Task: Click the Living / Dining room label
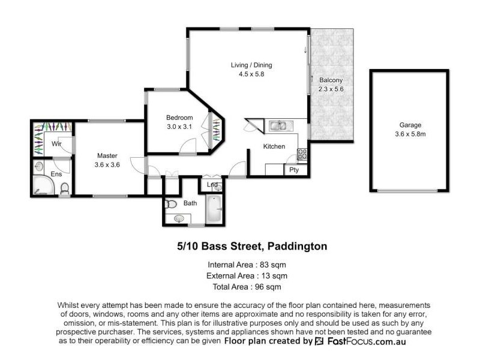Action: click(x=248, y=65)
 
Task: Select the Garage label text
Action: click(x=410, y=125)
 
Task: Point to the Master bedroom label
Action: click(x=107, y=155)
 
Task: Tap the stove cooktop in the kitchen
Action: click(x=303, y=154)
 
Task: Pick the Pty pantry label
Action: click(x=294, y=170)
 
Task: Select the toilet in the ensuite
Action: click(x=65, y=190)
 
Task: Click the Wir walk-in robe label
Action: click(x=58, y=144)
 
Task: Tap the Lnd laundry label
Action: click(x=212, y=185)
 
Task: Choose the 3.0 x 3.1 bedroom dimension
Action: click(x=179, y=127)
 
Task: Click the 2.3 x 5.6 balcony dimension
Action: click(x=331, y=90)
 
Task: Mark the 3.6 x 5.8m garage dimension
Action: click(x=410, y=135)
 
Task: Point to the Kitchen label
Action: click(x=274, y=146)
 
